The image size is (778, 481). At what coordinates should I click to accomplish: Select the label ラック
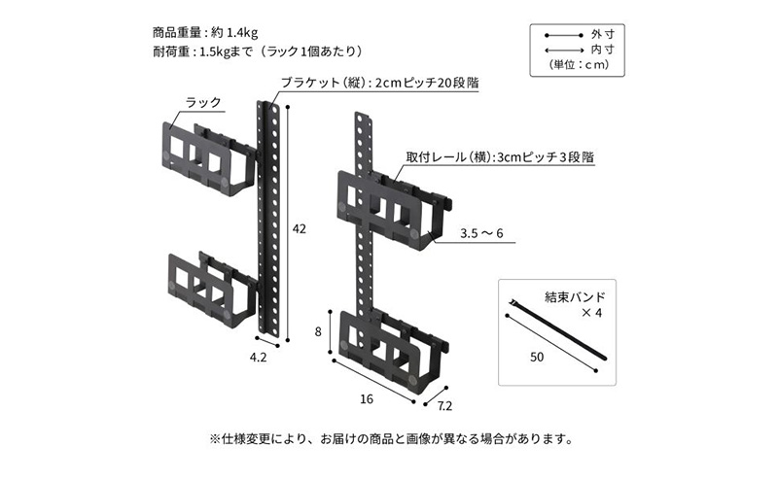203,100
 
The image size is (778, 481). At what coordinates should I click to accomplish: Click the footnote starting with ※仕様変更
389,438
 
